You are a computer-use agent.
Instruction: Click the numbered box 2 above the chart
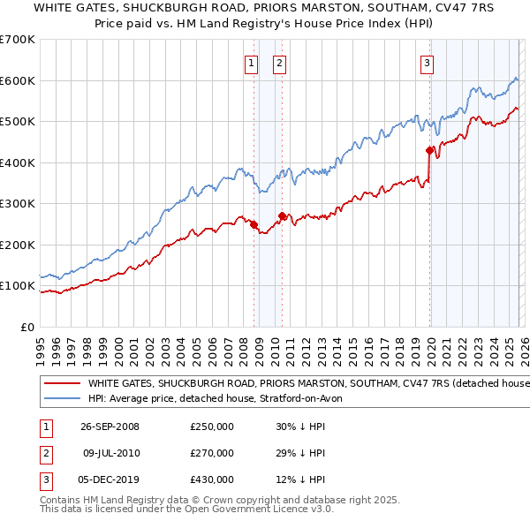pyautogui.click(x=279, y=63)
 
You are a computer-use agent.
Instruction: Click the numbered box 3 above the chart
pyautogui.click(x=427, y=63)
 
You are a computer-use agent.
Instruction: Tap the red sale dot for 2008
pyautogui.click(x=254, y=224)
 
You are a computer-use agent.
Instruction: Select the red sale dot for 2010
pyautogui.click(x=282, y=215)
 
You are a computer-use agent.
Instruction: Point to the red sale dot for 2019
pyautogui.click(x=429, y=150)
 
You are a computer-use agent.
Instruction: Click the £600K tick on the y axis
pyautogui.click(x=18, y=80)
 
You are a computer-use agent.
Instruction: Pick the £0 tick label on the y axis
pyautogui.click(x=26, y=327)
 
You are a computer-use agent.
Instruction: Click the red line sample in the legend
pyautogui.click(x=61, y=384)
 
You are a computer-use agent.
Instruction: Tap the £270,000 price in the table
pyautogui.click(x=211, y=453)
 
